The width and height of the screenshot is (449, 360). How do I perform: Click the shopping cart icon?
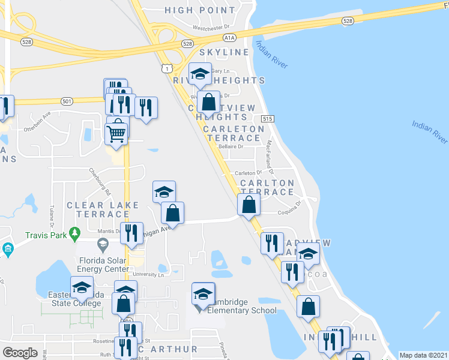tap(116, 130)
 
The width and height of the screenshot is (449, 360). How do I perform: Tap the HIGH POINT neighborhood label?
tap(200, 10)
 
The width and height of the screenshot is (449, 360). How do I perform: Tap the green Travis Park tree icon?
tap(74, 232)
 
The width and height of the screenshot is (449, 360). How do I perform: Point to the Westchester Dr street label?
tap(211, 27)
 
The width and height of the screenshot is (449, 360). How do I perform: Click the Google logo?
tap(20, 352)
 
